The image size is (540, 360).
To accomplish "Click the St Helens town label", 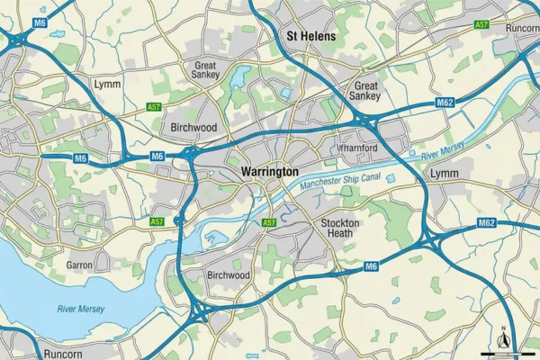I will (310, 37).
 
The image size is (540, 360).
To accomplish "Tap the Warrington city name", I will (270, 171).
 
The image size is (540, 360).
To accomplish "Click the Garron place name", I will (80, 265).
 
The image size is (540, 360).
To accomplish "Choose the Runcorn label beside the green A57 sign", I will (522, 28).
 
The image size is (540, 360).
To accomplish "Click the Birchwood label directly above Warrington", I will (194, 128).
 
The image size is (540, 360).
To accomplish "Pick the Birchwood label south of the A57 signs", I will (228, 274).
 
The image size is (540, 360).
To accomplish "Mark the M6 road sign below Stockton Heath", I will (371, 267).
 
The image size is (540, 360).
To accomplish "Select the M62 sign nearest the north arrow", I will (487, 222).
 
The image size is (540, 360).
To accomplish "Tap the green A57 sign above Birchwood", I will (154, 107).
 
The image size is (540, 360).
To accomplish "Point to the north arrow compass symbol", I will (503, 337).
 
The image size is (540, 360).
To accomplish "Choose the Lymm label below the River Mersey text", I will (444, 173).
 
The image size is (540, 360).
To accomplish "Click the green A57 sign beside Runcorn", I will (481, 25).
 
